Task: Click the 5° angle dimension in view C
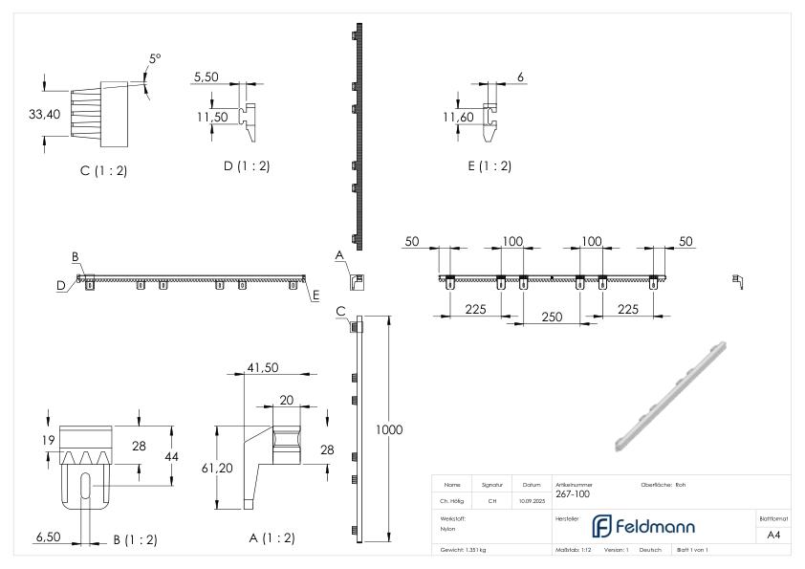coord(155,59)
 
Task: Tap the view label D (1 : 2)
coord(246,165)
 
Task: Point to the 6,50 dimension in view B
coord(49,537)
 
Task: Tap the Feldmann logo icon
coord(603,526)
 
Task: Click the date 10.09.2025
coord(531,500)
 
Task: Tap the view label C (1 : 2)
coord(103,170)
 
